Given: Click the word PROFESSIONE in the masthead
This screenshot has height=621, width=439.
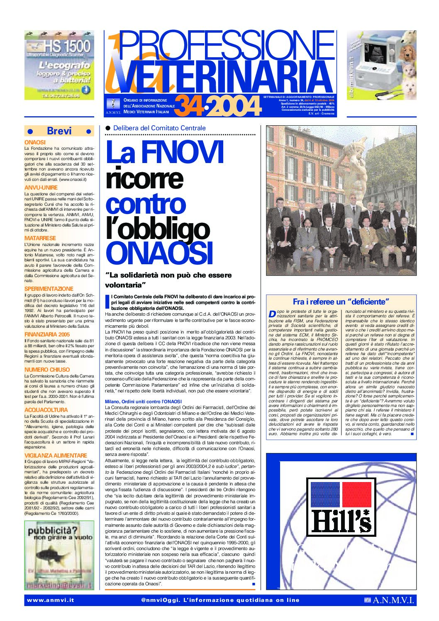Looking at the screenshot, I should (226, 47).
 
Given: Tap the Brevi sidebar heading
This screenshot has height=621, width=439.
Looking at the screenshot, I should (59, 131).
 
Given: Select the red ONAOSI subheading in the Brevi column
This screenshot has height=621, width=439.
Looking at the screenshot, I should (35, 142).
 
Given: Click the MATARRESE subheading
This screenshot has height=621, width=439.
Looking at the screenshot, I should (40, 238).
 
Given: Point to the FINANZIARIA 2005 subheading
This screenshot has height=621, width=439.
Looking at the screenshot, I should (47, 334).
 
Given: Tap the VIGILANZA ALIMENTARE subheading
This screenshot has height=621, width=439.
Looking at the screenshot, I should (56, 455).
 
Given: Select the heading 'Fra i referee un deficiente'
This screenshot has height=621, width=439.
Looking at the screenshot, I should (341, 302).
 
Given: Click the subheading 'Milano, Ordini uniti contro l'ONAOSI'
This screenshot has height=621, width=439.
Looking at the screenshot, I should (143, 402).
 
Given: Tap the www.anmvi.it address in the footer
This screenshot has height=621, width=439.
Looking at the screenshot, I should (50, 600).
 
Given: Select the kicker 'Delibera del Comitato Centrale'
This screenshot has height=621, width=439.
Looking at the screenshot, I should (159, 128).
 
